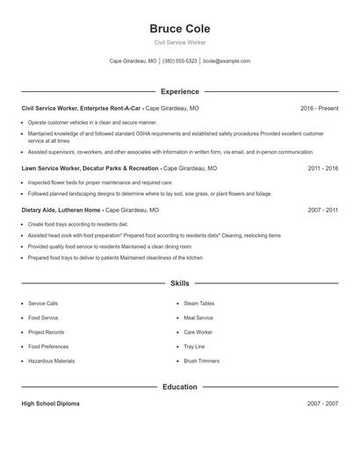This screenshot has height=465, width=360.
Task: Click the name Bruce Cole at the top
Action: [180, 29]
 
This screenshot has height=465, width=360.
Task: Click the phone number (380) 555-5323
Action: [180, 61]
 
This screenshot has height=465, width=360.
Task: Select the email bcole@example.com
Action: [227, 61]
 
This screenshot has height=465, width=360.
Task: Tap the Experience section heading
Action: [180, 91]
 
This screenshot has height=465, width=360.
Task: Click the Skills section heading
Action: [180, 283]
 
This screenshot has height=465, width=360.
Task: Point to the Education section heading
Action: [180, 386]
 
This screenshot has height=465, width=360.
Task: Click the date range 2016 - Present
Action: [319, 108]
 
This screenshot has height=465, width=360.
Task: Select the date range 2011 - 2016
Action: [323, 168]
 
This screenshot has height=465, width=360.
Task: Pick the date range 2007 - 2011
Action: [323, 211]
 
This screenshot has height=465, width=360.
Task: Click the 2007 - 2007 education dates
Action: [323, 404]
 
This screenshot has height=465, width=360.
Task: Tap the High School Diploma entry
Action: [50, 404]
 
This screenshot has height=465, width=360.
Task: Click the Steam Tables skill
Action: [198, 304]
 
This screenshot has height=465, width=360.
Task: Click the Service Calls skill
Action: [43, 304]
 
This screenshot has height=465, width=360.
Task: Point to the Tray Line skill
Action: [194, 347]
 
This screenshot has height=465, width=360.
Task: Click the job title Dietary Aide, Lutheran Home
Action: [61, 211]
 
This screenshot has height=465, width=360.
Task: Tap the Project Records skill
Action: [47, 333]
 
